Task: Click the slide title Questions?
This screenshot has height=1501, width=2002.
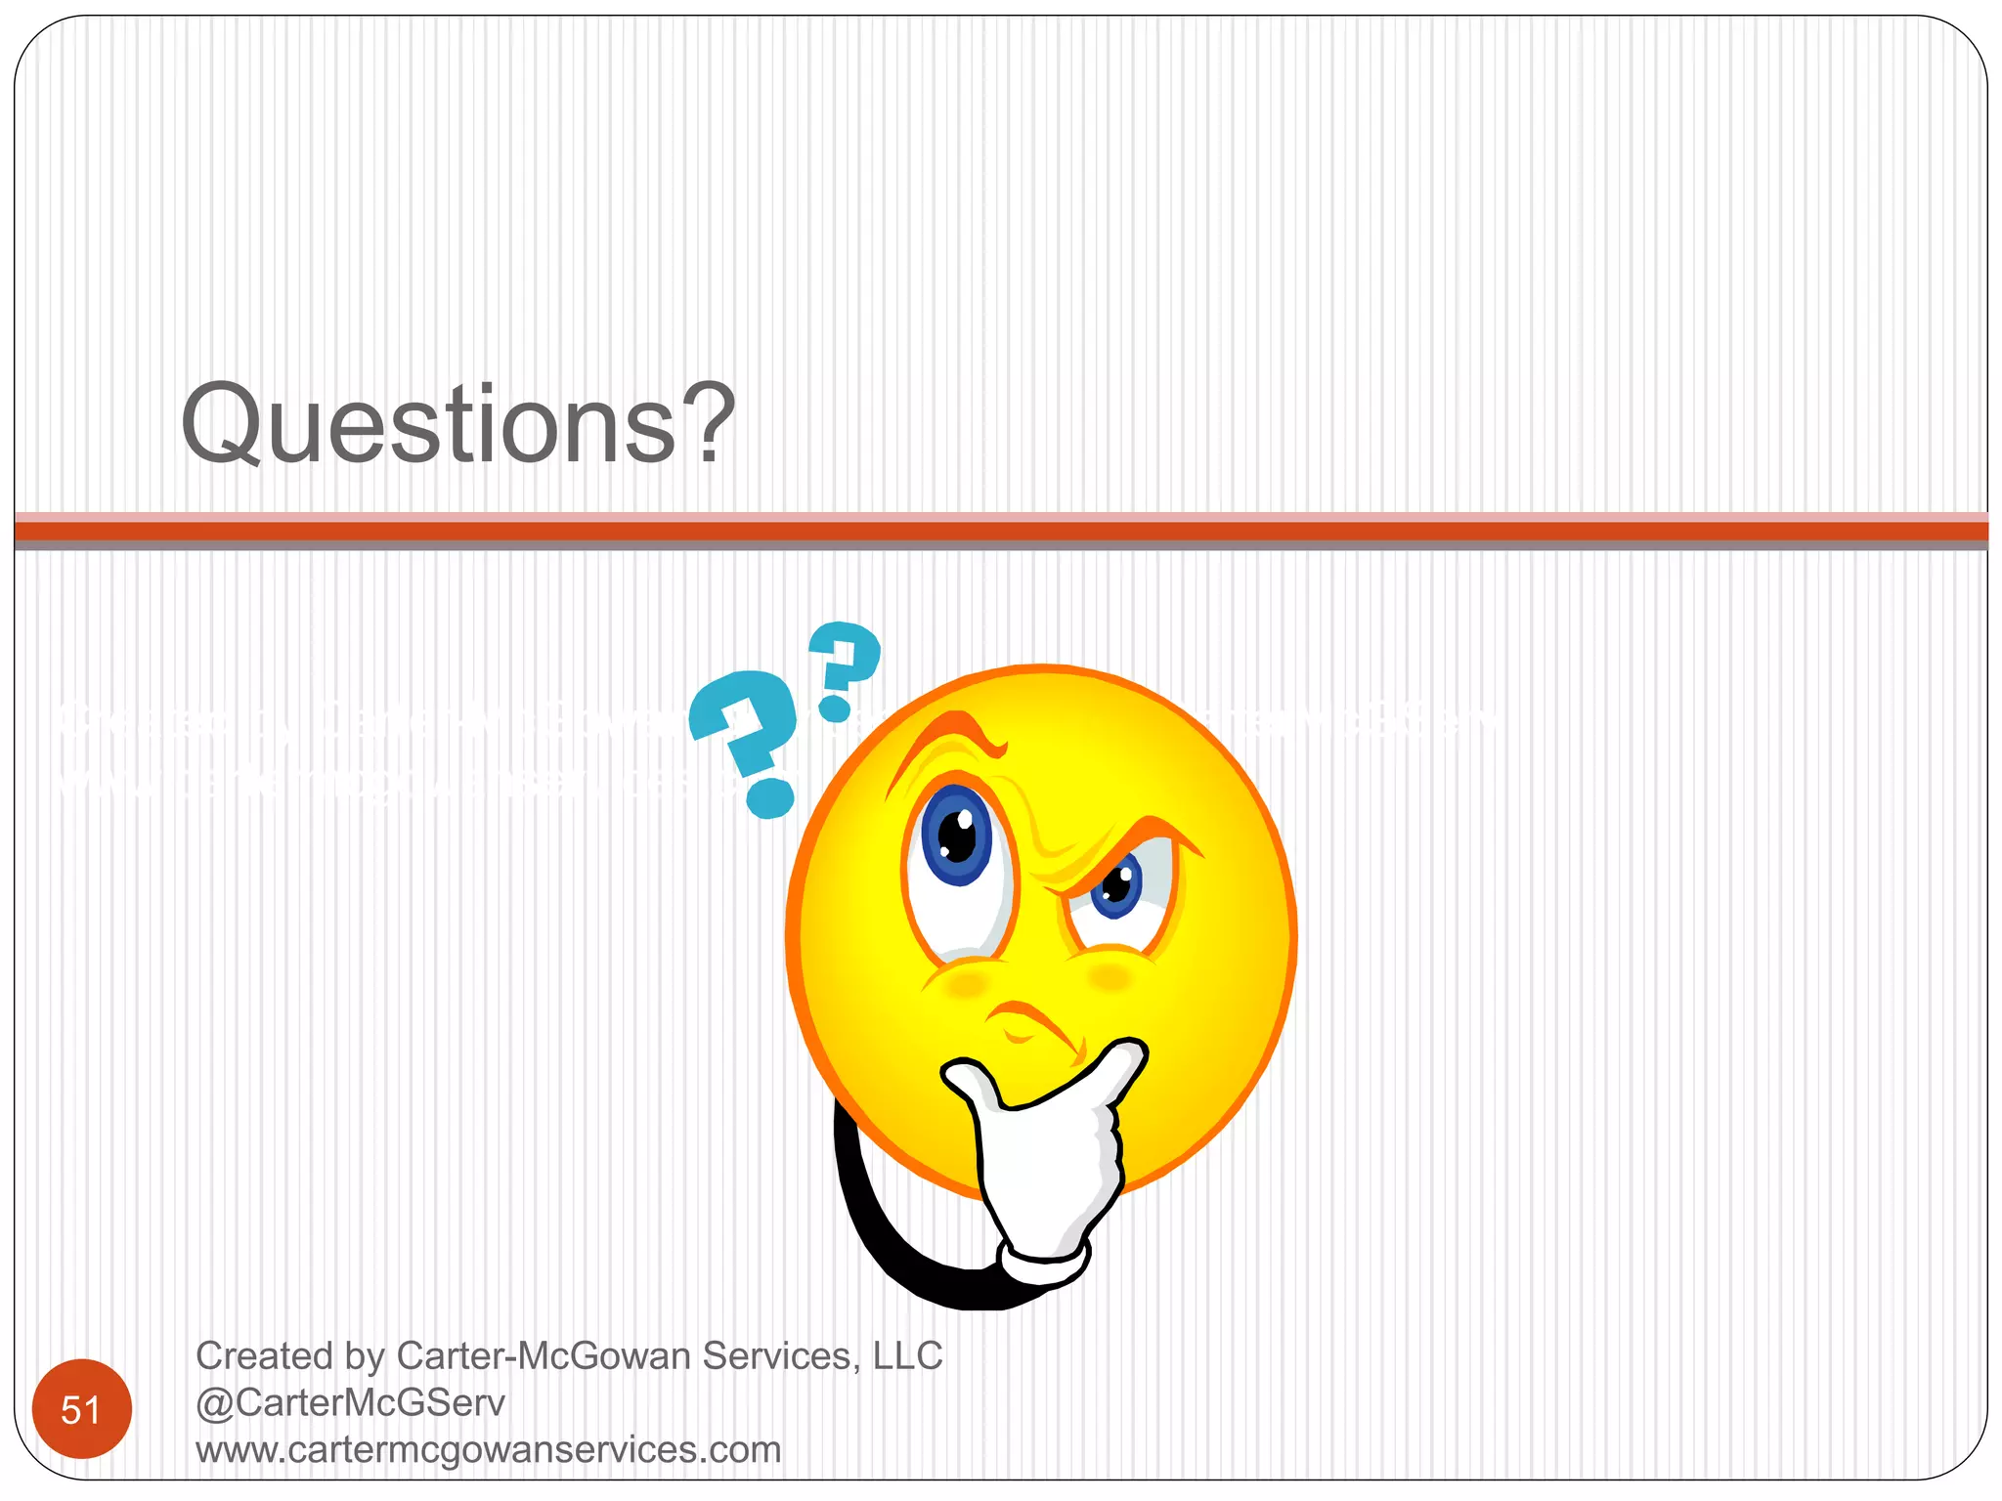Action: [457, 424]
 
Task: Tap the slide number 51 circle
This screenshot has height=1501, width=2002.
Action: [81, 1409]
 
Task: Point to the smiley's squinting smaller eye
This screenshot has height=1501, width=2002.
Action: [1117, 885]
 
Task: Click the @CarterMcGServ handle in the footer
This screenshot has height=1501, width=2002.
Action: [350, 1403]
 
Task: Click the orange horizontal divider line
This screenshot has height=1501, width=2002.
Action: [1001, 532]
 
